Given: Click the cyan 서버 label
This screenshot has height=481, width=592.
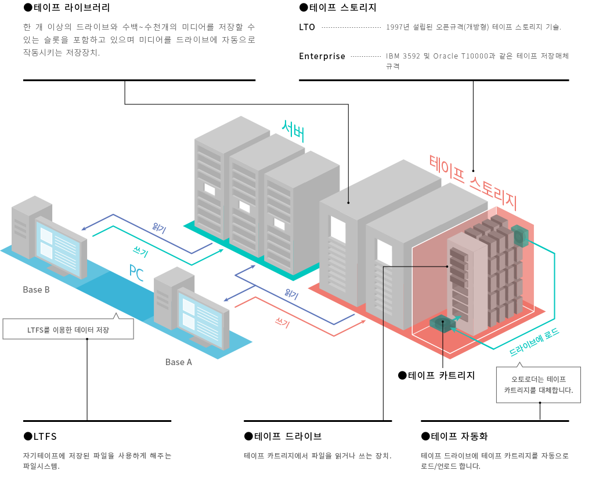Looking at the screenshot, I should tap(293, 132).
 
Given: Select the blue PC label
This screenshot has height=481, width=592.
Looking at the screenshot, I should tap(136, 271).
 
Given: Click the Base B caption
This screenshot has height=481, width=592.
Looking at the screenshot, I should tap(36, 290).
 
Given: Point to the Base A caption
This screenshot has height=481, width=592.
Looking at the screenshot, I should tap(178, 362).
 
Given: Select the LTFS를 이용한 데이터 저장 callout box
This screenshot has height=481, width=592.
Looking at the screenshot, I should tap(68, 330).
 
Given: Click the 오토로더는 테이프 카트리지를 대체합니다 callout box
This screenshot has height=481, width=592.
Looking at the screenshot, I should tap(538, 385).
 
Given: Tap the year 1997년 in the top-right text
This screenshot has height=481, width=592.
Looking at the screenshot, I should tap(398, 27).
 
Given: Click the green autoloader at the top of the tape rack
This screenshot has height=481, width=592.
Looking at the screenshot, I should tap(519, 236).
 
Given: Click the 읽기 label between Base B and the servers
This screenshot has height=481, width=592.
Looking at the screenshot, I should tap(159, 228).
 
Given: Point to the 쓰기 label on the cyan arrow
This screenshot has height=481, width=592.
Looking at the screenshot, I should tap(140, 253).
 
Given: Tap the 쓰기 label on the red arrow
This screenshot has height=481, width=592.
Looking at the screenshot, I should tap(282, 323).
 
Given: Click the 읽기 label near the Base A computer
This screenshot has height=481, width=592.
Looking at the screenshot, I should tap(291, 294).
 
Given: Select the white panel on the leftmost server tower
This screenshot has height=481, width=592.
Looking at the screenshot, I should tap(210, 190).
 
